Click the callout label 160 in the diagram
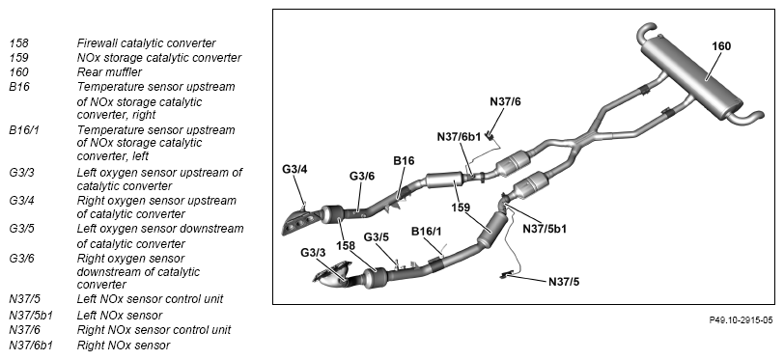[721, 46]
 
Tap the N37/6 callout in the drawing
[505, 101]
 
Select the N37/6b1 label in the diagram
[459, 136]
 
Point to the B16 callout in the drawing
[404, 160]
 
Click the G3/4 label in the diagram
[294, 169]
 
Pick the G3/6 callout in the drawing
[361, 176]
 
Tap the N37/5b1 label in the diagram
[545, 229]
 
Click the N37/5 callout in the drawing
[564, 282]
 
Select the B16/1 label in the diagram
[426, 232]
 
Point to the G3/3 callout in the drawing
[313, 253]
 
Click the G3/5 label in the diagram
[376, 236]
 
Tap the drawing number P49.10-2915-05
[741, 320]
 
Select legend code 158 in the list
[18, 43]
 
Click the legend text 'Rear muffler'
[109, 72]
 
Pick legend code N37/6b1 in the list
[31, 345]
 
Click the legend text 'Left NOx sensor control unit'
[150, 299]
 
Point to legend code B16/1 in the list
[23, 130]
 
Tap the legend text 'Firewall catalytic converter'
[147, 43]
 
